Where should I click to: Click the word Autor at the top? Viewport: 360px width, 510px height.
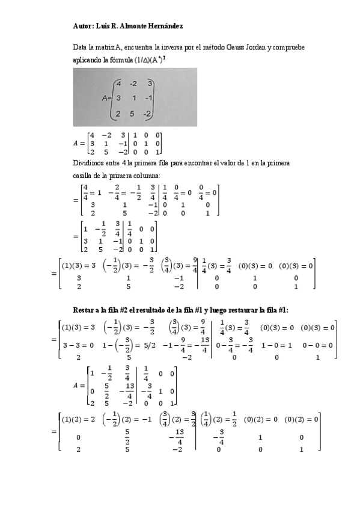83,26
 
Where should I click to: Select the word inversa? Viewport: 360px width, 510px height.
167,47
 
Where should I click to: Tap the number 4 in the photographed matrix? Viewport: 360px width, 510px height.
120,84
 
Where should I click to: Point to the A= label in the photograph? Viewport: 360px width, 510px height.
107,98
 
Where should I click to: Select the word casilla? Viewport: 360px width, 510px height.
82,176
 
